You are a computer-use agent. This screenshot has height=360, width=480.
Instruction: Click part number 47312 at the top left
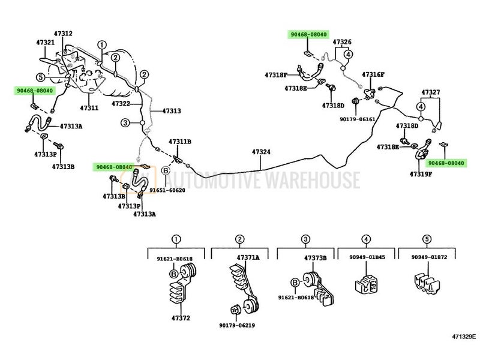point(64,33)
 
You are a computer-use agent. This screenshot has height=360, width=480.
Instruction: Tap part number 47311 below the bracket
point(89,108)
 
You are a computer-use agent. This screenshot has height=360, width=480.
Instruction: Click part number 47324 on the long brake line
point(260,152)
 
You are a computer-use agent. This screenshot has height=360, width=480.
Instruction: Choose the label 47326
point(342,42)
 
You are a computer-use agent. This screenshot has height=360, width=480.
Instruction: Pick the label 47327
point(430,93)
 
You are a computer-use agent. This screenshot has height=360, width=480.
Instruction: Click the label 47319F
point(421,174)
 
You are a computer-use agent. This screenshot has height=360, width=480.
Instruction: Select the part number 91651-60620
point(167,190)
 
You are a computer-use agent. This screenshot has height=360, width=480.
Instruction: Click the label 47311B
point(179,142)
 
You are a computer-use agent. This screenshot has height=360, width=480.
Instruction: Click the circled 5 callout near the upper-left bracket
point(40,77)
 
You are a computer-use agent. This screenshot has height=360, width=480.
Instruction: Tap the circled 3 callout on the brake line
point(125,122)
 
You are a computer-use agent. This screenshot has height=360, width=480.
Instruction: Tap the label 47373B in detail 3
point(315,258)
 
